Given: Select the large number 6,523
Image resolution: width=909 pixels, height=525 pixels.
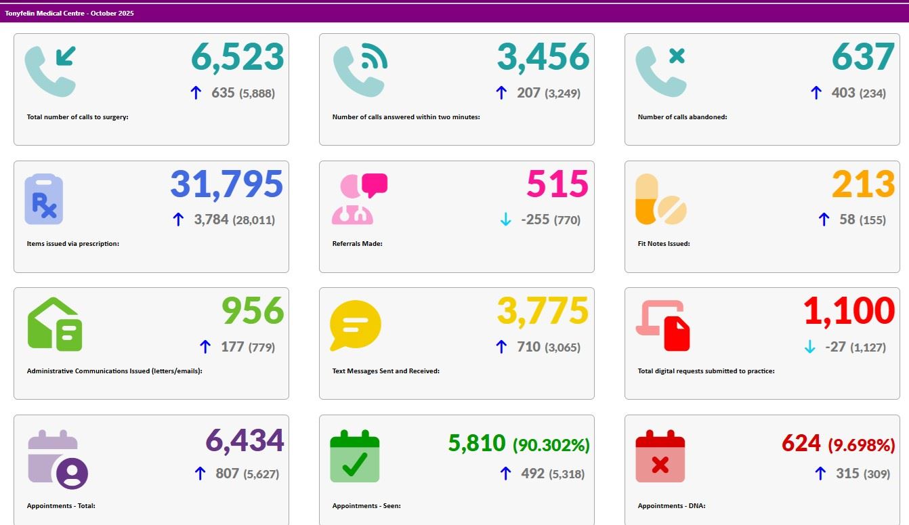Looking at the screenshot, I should click(x=237, y=58).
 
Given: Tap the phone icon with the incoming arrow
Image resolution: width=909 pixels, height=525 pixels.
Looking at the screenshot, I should click(x=51, y=70).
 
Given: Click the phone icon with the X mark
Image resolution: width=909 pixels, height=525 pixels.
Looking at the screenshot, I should click(x=661, y=70).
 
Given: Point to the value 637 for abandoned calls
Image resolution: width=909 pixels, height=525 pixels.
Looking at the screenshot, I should click(x=863, y=58).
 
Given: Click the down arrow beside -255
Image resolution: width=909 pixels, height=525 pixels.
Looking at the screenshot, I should click(x=505, y=219).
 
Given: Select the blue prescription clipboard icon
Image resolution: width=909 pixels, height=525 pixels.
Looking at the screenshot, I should click(x=43, y=199).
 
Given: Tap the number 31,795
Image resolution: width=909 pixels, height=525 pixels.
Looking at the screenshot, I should click(x=226, y=184).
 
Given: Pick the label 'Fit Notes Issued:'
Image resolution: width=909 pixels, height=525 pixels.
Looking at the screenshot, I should click(x=664, y=244).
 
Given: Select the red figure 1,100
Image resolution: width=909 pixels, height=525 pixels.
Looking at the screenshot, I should click(x=849, y=311).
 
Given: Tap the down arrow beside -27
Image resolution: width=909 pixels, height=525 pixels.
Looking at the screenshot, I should click(x=809, y=347).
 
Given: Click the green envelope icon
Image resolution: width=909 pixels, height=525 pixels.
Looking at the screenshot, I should click(x=55, y=325).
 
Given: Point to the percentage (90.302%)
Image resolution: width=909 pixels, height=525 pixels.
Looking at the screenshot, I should click(x=551, y=445).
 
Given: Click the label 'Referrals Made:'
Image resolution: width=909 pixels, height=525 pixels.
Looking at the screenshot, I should click(x=357, y=244).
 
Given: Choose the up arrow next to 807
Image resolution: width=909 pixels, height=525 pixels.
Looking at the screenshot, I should click(x=200, y=474).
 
